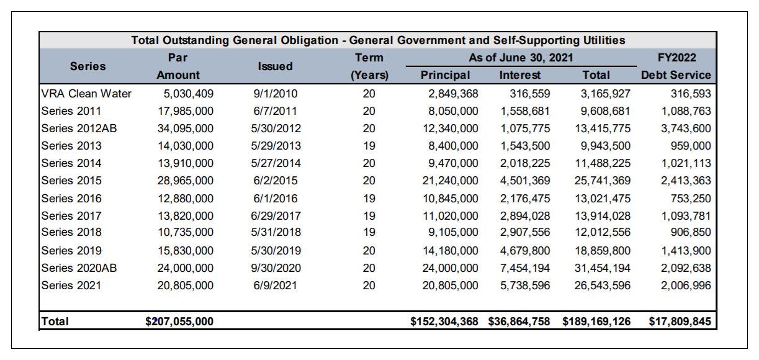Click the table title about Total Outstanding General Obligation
pyautogui.click(x=378, y=40)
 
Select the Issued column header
pyautogui.click(x=275, y=66)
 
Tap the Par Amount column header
pyautogui.click(x=178, y=66)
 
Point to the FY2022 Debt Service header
pyautogui.click(x=676, y=66)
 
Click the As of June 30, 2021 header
pyautogui.click(x=521, y=58)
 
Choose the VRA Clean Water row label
pyautogui.click(x=86, y=94)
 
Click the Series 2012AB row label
pyautogui.click(x=79, y=128)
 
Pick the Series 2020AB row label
pyautogui.click(x=79, y=268)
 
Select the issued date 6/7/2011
pyautogui.click(x=275, y=111)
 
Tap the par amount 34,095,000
pyautogui.click(x=186, y=128)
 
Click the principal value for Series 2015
pyautogui.click(x=451, y=181)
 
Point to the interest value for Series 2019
pyautogui.click(x=525, y=251)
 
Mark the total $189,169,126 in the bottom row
pyautogui.click(x=596, y=322)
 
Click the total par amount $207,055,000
pyautogui.click(x=179, y=322)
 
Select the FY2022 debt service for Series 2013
pyautogui.click(x=691, y=146)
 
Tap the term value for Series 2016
pyautogui.click(x=369, y=198)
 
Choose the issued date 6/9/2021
pyautogui.click(x=275, y=286)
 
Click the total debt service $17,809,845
pyautogui.click(x=680, y=322)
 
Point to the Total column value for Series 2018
pyautogui.click(x=603, y=232)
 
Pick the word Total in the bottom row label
pyautogui.click(x=55, y=322)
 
